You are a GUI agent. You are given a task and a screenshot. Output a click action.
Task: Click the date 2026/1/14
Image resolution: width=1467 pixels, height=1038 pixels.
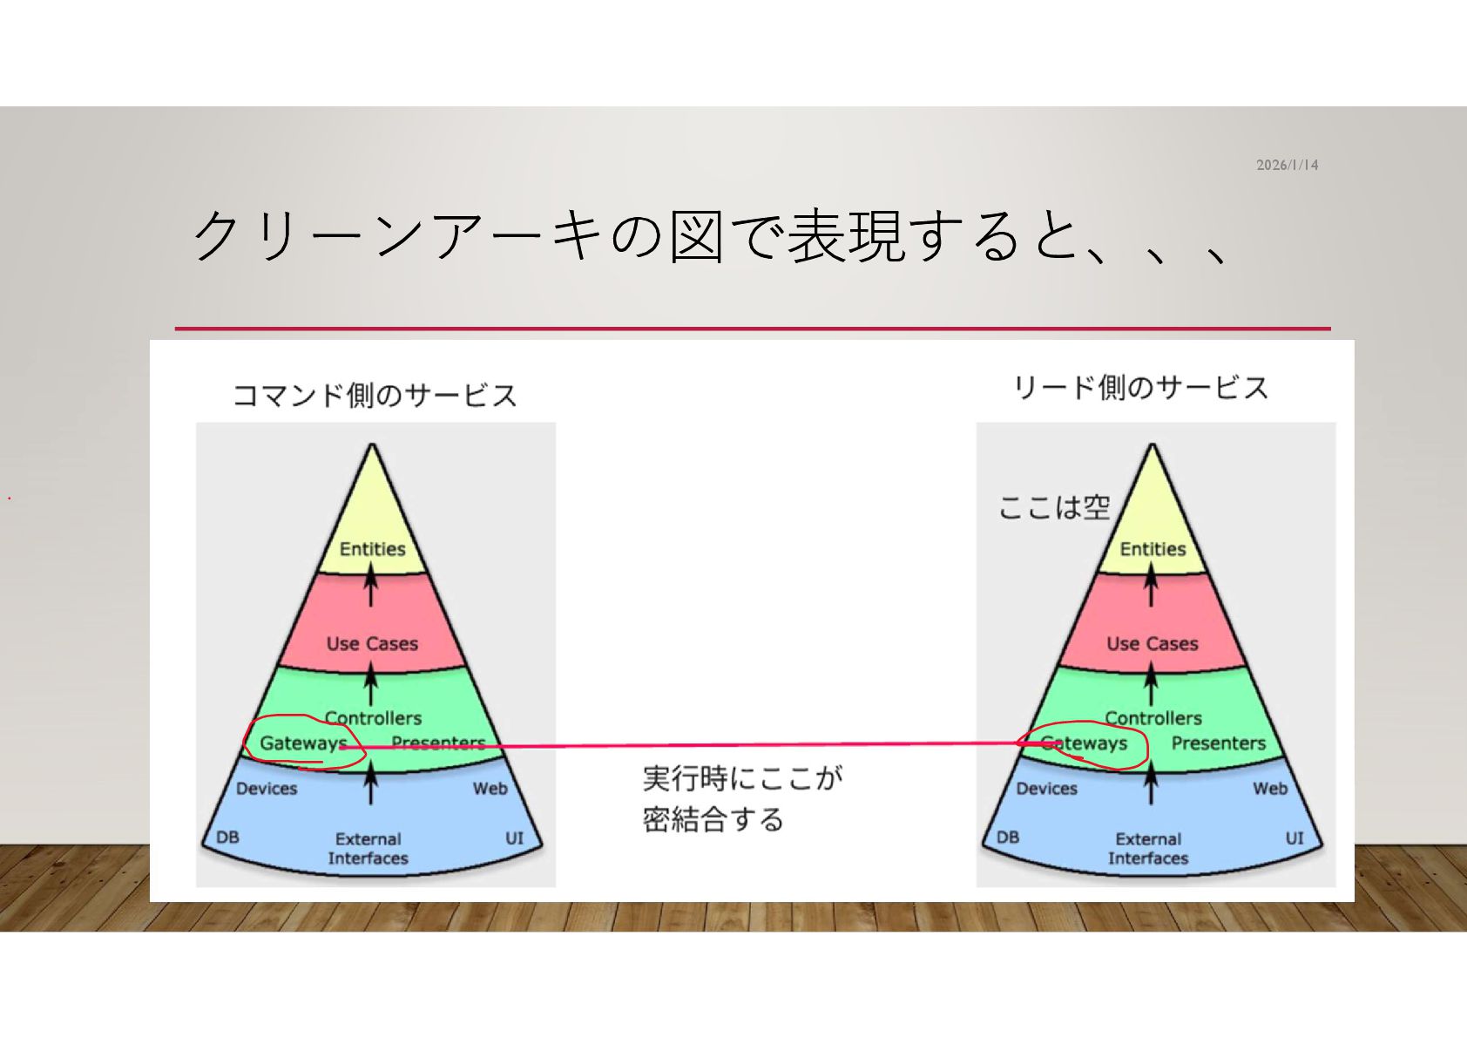click(x=1287, y=165)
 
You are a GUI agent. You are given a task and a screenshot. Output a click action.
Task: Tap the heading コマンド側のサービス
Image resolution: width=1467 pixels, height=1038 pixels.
click(x=375, y=396)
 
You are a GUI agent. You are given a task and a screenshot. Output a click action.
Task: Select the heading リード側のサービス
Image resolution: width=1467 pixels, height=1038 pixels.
click(x=1140, y=388)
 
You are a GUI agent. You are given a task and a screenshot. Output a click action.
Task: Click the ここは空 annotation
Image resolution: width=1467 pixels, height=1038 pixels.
click(x=1053, y=506)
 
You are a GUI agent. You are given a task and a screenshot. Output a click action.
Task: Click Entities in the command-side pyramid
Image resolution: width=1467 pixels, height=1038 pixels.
click(x=372, y=549)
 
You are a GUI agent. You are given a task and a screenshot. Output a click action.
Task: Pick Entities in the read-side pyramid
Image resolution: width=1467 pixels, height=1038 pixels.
click(x=1153, y=549)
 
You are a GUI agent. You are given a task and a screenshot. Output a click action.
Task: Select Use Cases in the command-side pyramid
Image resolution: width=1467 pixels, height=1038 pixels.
click(x=372, y=644)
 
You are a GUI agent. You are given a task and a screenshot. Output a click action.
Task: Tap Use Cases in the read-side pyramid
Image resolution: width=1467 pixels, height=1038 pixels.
click(x=1153, y=644)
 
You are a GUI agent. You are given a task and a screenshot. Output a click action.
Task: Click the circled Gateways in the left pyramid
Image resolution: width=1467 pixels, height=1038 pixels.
click(x=302, y=743)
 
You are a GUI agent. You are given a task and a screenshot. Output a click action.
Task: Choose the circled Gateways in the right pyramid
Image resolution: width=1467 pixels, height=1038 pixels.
click(x=1085, y=743)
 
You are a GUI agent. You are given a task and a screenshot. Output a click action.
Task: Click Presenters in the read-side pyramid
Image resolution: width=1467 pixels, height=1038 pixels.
click(x=1218, y=743)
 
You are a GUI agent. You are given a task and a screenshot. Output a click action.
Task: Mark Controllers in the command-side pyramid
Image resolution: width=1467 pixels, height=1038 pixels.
click(x=373, y=717)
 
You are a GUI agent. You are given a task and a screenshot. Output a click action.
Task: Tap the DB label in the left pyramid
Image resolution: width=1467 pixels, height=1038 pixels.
click(x=227, y=838)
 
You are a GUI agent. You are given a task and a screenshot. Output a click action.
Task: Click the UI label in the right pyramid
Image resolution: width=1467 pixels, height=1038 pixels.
click(x=1295, y=838)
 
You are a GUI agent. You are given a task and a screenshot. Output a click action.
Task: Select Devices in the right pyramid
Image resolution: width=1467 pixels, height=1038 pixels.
click(x=1046, y=789)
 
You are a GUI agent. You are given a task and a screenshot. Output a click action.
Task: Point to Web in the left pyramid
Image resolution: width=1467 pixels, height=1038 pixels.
click(x=490, y=789)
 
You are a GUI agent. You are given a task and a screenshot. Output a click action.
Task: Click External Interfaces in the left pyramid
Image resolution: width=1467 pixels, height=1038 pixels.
click(x=368, y=848)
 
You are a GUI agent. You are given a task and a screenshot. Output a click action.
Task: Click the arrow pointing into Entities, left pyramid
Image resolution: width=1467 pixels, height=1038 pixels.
click(x=371, y=585)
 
